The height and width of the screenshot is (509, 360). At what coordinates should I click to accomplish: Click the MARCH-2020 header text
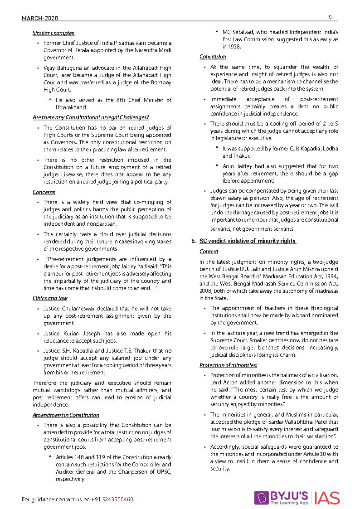40,18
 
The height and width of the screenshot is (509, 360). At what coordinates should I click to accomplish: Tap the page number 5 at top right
331,17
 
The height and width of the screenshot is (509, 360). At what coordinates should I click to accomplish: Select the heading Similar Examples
54,33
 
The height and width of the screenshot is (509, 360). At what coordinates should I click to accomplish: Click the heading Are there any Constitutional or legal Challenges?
91,117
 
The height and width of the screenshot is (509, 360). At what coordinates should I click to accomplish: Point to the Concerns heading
44,192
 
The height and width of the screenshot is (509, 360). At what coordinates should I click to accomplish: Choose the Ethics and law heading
50,298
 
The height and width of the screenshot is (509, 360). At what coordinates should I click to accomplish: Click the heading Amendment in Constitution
66,415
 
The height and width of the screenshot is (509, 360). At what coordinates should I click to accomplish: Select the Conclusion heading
213,57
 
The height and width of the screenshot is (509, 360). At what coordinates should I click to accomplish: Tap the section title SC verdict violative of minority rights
248,241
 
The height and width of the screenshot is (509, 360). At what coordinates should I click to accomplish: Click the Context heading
209,252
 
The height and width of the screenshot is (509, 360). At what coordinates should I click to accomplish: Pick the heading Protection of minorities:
228,365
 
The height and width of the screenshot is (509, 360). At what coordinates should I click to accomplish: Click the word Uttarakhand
71,107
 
